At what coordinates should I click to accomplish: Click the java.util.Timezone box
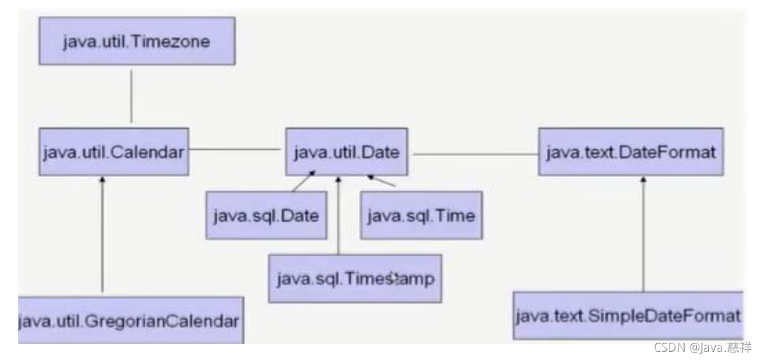pos(137,41)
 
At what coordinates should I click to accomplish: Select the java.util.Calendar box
pos(114,152)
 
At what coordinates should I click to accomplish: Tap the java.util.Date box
pos(347,152)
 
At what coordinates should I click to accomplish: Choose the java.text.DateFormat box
pos(631,152)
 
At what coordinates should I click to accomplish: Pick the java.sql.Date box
pos(266,215)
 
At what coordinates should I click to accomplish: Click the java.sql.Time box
pos(421,215)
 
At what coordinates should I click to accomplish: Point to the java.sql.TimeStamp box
pos(355,279)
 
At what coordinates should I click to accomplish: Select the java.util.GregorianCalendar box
pos(130,320)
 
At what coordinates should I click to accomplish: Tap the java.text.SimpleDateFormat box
pos(628,316)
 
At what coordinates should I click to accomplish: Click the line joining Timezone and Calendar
pos(131,96)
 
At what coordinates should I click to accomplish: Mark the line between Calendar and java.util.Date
pos(235,149)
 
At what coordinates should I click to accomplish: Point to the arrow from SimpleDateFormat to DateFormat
pos(643,234)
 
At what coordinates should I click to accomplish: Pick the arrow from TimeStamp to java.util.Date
pos(339,215)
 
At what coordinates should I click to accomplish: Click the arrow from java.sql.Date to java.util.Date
pos(304,181)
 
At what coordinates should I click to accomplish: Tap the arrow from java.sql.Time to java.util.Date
pos(381,180)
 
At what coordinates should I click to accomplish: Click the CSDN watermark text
pos(703,347)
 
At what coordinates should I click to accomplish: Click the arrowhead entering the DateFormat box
pos(643,180)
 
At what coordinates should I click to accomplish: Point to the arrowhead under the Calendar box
pos(102,180)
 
